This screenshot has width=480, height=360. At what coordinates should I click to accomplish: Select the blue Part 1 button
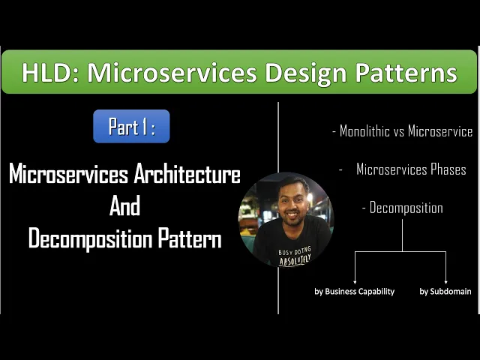[x=131, y=127]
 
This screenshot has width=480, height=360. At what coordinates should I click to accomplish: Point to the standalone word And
[x=124, y=206]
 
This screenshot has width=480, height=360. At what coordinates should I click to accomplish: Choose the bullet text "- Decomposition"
[x=402, y=208]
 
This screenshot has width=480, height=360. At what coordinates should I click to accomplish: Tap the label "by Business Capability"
[x=354, y=291]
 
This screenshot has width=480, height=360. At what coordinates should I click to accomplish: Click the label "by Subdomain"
[x=445, y=291]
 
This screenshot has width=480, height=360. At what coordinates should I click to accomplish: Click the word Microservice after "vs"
[x=439, y=131]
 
